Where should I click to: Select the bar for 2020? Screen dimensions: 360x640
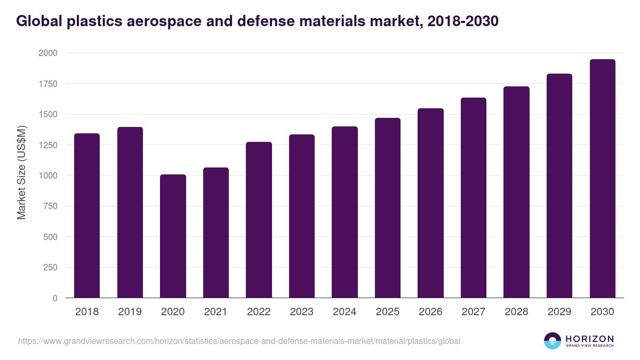click(x=173, y=236)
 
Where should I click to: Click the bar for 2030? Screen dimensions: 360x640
click(x=602, y=179)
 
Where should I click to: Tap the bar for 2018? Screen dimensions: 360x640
click(x=87, y=215)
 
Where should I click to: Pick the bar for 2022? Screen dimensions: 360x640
click(x=259, y=220)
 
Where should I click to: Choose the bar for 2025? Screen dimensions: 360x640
click(x=388, y=208)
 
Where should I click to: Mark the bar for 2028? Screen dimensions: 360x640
click(x=516, y=192)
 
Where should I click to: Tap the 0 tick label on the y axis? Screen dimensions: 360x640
click(x=54, y=298)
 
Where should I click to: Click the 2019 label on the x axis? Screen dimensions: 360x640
click(x=130, y=312)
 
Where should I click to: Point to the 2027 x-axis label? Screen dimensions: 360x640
click(x=473, y=312)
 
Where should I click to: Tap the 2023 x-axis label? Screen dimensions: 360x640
click(x=301, y=312)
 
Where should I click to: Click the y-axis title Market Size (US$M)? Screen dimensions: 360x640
click(x=21, y=173)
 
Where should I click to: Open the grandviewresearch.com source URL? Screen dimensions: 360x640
click(x=239, y=341)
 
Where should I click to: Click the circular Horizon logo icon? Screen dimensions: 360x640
click(x=552, y=341)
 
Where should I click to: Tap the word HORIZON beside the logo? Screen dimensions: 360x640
click(x=589, y=338)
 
